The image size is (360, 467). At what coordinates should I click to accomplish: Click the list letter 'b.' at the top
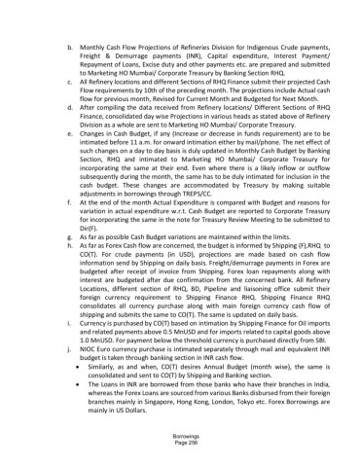coord(67,46)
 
